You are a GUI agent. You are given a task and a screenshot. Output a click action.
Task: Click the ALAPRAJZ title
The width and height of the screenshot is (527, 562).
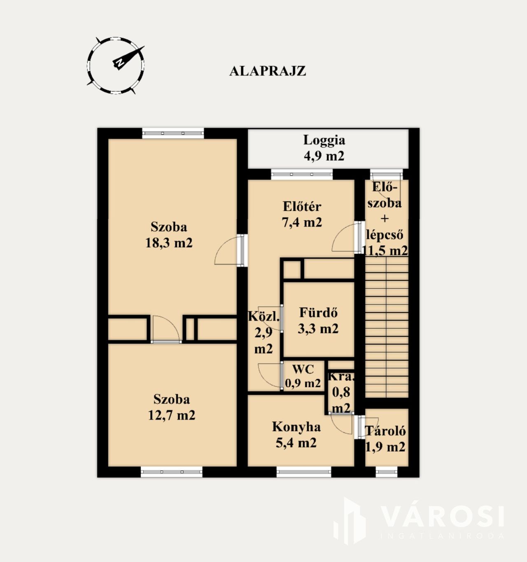(x=268, y=71)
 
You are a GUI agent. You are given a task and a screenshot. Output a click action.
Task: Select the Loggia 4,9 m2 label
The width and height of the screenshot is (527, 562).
(x=324, y=148)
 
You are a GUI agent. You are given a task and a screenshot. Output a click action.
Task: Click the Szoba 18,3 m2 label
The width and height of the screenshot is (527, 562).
(x=169, y=235)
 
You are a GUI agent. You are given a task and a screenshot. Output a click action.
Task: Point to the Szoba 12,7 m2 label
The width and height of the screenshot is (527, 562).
(x=172, y=407)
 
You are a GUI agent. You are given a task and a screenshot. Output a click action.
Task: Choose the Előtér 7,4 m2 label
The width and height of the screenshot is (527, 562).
(x=302, y=214)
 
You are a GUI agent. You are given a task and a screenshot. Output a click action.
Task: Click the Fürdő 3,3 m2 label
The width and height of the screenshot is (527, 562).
(x=318, y=321)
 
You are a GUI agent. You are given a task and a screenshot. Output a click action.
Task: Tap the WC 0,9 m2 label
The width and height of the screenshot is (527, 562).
(x=303, y=376)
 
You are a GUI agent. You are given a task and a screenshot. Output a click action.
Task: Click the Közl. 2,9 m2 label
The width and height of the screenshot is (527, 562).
(x=264, y=332)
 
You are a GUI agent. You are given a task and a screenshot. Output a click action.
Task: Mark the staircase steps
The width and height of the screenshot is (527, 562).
(x=387, y=327)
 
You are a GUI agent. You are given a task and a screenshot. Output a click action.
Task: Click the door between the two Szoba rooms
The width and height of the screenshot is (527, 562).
(x=166, y=329)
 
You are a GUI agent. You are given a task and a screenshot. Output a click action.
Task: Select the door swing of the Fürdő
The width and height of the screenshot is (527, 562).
(x=270, y=318)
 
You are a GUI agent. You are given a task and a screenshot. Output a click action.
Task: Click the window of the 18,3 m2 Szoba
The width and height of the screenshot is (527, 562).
(x=173, y=133)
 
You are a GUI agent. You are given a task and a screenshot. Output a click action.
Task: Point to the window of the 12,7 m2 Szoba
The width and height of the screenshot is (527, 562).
(x=172, y=472)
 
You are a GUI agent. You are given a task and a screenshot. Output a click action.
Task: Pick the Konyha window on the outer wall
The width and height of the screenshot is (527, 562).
(x=304, y=472)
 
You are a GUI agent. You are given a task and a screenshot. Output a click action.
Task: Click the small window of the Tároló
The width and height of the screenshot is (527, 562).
(x=386, y=472)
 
